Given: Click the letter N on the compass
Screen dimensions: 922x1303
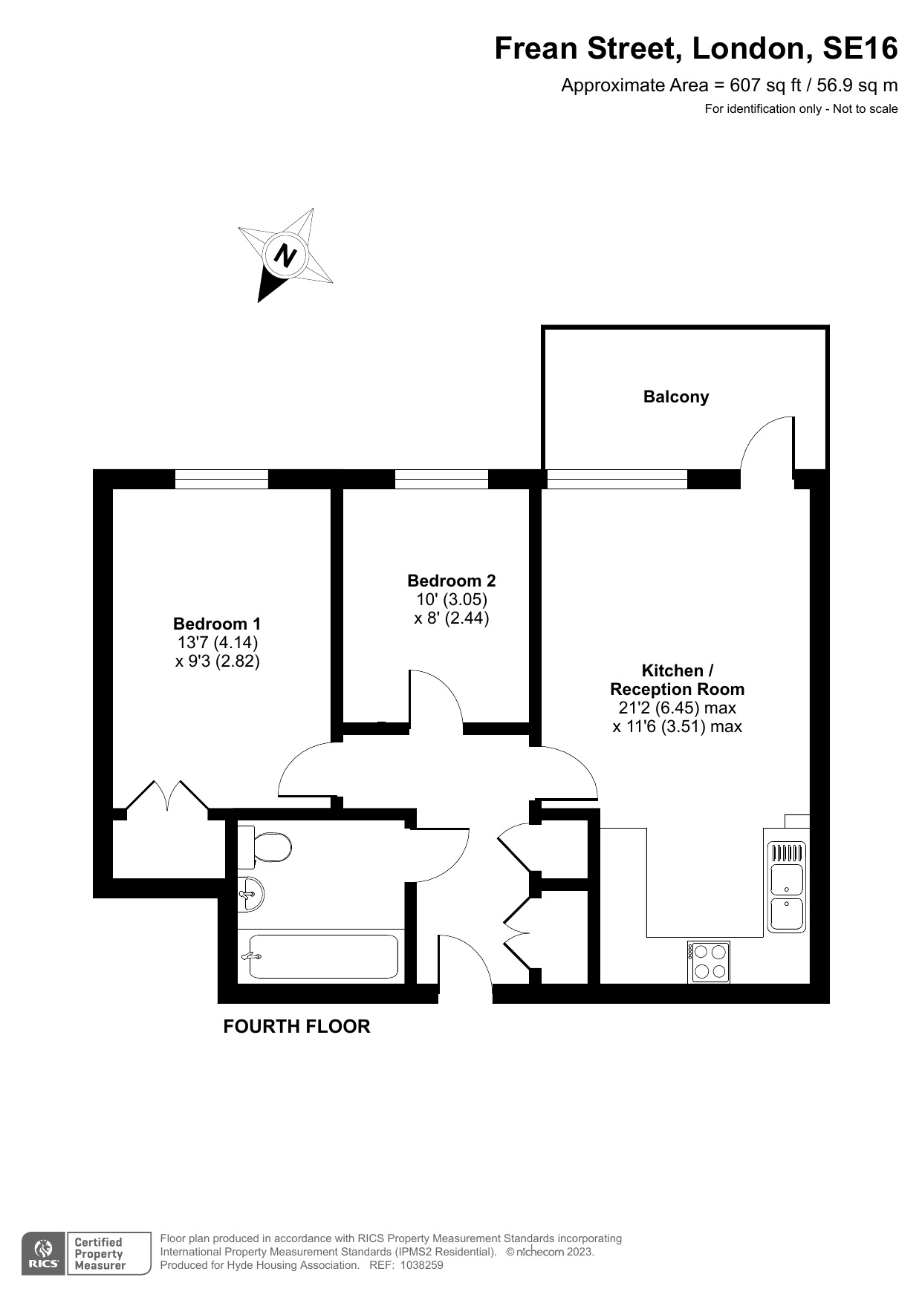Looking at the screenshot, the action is click(285, 255).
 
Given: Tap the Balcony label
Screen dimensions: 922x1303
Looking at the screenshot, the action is click(676, 396).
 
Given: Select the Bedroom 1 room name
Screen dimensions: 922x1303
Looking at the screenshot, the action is click(217, 624).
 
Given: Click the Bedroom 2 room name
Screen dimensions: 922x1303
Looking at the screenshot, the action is click(452, 581).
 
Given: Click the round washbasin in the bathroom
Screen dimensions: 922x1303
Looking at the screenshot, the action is click(250, 893).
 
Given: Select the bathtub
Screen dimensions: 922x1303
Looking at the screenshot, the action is click(321, 956).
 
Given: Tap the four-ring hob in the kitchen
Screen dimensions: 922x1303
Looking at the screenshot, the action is click(709, 961).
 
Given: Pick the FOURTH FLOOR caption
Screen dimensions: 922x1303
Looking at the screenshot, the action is click(296, 1026).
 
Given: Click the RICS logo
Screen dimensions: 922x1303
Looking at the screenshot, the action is click(43, 1253).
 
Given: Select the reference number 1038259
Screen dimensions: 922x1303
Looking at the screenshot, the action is click(421, 1265).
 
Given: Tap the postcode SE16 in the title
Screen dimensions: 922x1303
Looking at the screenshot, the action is click(860, 48).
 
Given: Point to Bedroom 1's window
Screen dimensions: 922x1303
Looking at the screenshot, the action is click(221, 479).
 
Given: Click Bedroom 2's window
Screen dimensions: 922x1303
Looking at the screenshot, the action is click(441, 479).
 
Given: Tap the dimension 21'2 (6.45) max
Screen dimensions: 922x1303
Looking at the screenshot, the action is click(677, 708).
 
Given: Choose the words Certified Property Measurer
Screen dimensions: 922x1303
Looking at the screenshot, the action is click(100, 1253).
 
